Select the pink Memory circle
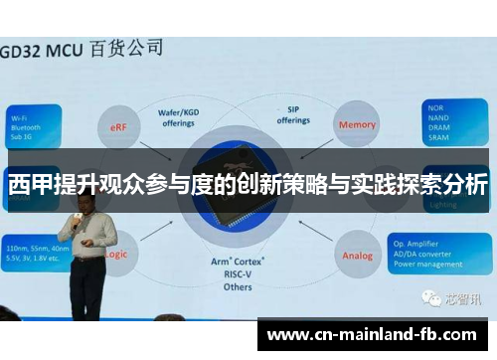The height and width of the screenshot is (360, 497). (x=358, y=125)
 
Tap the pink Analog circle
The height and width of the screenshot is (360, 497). (x=358, y=255)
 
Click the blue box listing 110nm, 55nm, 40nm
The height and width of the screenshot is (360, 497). (x=35, y=253)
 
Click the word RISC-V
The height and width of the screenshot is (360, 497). (x=236, y=273)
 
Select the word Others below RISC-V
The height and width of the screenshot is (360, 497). (x=236, y=287)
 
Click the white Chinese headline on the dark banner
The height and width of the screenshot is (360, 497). (x=248, y=185)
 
